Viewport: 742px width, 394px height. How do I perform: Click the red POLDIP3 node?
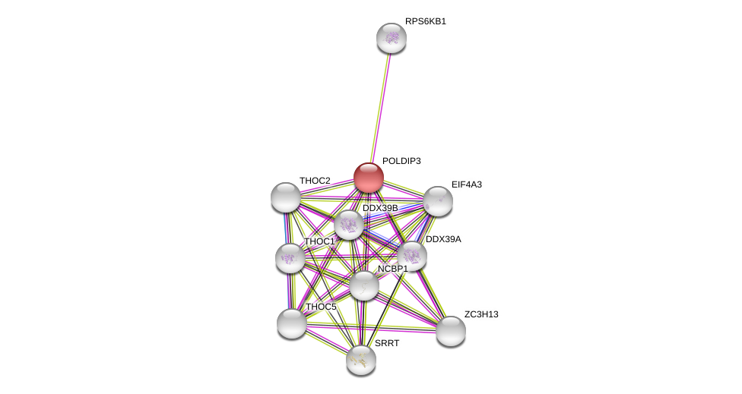click(369, 178)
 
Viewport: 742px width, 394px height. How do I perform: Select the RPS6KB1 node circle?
click(392, 38)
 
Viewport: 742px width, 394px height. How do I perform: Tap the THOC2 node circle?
click(286, 197)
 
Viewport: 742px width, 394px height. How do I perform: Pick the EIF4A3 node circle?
click(438, 201)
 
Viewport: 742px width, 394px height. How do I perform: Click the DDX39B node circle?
click(349, 225)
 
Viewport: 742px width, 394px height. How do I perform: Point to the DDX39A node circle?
click(412, 256)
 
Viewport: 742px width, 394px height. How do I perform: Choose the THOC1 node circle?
click(290, 258)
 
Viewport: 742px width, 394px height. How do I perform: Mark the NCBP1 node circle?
click(364, 285)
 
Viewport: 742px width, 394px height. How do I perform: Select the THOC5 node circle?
click(292, 323)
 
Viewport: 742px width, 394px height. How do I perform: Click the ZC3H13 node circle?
click(451, 331)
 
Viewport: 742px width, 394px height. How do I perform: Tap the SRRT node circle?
click(361, 360)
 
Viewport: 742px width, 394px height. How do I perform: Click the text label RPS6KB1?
click(426, 21)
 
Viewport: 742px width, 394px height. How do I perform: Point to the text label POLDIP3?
click(401, 161)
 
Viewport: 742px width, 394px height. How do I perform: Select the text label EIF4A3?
click(467, 184)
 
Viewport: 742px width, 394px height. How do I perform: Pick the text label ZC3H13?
click(481, 314)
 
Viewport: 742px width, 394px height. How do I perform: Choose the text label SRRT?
click(387, 343)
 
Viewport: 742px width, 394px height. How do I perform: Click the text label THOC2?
click(315, 181)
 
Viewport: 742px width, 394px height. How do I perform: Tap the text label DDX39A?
click(443, 239)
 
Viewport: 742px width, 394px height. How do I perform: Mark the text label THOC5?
click(321, 307)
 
